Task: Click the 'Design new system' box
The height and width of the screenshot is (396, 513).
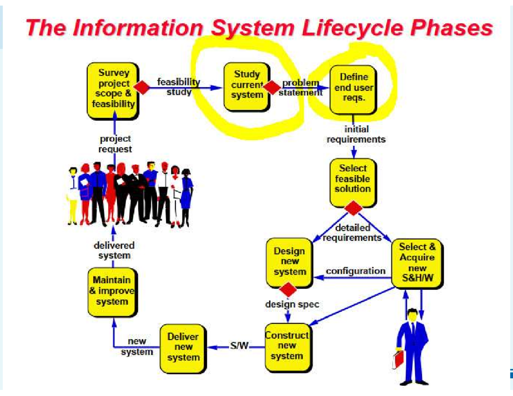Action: [x=289, y=261]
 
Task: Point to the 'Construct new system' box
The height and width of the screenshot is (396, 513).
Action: [x=287, y=346]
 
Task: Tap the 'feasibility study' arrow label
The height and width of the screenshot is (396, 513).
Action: [x=179, y=87]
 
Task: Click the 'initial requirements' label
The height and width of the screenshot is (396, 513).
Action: [x=356, y=134]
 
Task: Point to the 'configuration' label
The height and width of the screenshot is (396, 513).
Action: [x=355, y=271]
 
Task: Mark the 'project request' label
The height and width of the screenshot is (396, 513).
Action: [x=115, y=144]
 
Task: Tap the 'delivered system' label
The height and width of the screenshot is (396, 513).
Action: [x=114, y=250]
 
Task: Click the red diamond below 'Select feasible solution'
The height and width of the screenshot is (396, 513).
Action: [x=353, y=208]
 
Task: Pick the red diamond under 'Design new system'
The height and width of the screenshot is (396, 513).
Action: [x=289, y=289]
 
